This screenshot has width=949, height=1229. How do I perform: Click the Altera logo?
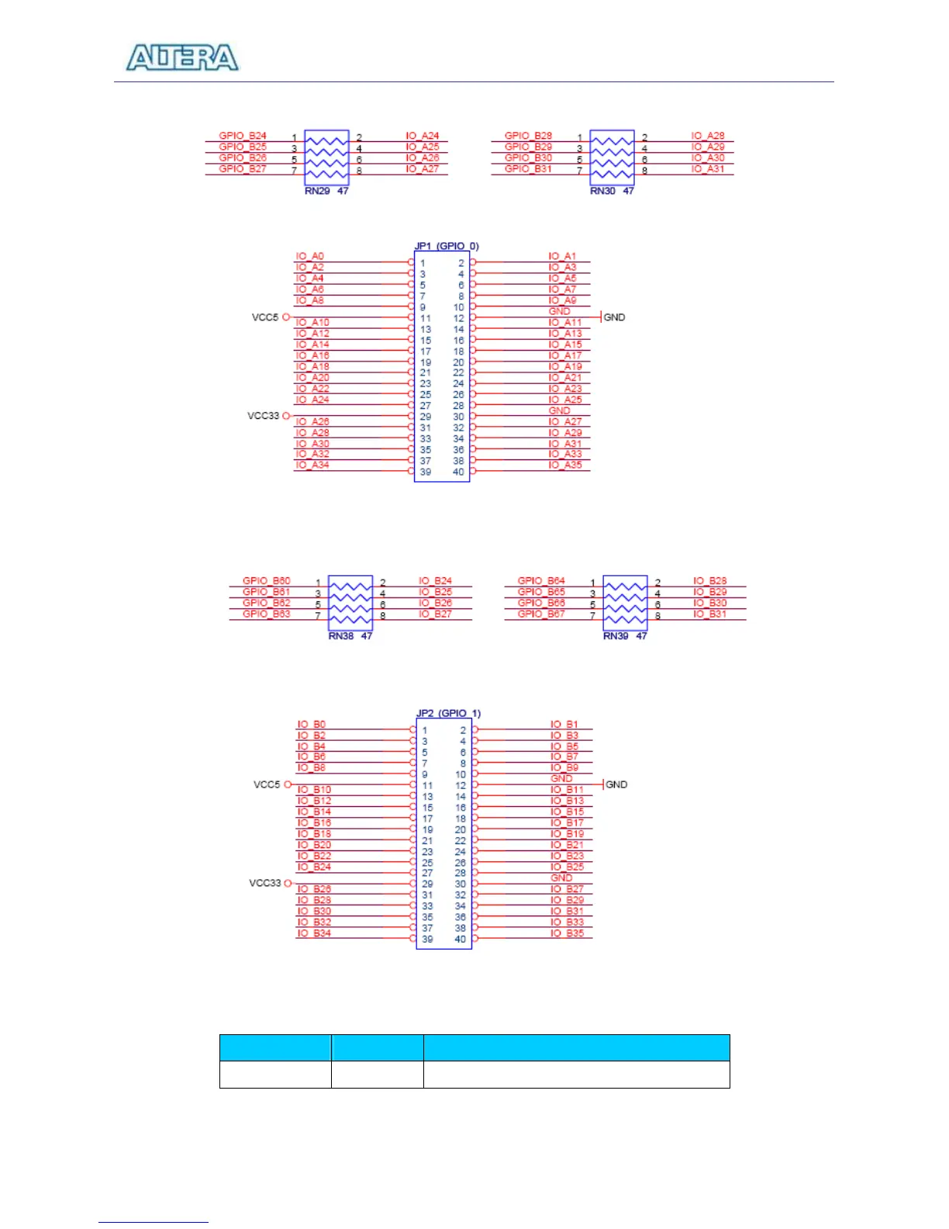pyautogui.click(x=182, y=58)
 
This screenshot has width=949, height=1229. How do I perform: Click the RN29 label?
pyautogui.click(x=317, y=191)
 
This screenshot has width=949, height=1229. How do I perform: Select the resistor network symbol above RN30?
pyautogui.click(x=612, y=158)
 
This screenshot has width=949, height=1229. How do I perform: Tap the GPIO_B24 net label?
pyautogui.click(x=243, y=136)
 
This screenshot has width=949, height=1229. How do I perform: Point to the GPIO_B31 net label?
pyautogui.click(x=528, y=168)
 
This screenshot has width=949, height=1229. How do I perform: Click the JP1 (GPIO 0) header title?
pyautogui.click(x=447, y=246)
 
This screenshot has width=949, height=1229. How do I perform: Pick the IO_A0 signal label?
pyautogui.click(x=310, y=256)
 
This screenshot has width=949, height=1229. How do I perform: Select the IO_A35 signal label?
pyautogui.click(x=565, y=465)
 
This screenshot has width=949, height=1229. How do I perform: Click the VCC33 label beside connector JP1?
pyautogui.click(x=263, y=416)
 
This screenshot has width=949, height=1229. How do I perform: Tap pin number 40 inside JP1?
pyautogui.click(x=458, y=472)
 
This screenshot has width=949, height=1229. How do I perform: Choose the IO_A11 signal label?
pyautogui.click(x=565, y=322)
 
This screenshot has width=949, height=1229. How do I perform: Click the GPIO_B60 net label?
pyautogui.click(x=266, y=580)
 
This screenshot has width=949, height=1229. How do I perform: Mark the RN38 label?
pyautogui.click(x=341, y=636)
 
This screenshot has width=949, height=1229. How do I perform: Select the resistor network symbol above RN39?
pyautogui.click(x=625, y=603)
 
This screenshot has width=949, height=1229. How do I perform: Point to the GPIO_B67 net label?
pyautogui.click(x=541, y=614)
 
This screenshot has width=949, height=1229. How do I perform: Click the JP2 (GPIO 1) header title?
pyautogui.click(x=448, y=713)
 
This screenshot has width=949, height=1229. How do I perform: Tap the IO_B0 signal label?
pyautogui.click(x=312, y=725)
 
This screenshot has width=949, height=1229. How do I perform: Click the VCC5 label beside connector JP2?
pyautogui.click(x=267, y=784)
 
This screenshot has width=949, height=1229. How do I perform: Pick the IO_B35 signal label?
pyautogui.click(x=568, y=933)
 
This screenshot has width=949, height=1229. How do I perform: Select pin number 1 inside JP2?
pyautogui.click(x=425, y=730)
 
